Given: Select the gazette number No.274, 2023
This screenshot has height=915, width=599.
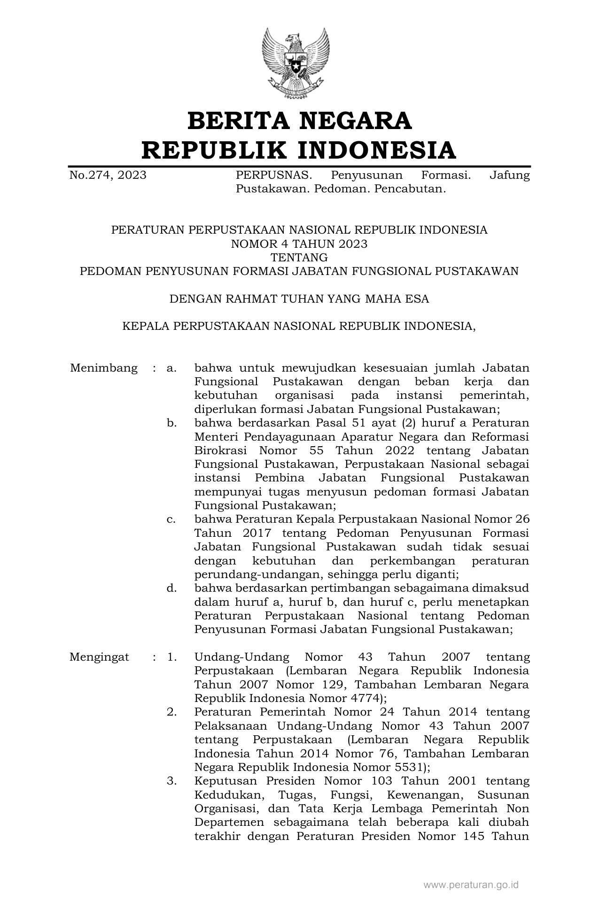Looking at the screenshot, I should click(x=108, y=175).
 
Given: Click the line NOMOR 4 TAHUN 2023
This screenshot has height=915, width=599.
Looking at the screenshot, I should click(x=299, y=244).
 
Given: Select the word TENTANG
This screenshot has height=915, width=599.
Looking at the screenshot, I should click(x=299, y=258).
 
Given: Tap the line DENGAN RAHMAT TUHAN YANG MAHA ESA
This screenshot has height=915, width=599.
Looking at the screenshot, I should click(x=299, y=299).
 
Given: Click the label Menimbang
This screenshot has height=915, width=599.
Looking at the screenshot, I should click(x=104, y=368).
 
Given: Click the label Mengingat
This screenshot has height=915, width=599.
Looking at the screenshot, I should click(x=99, y=657).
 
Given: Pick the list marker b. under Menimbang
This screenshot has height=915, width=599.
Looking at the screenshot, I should click(x=171, y=423).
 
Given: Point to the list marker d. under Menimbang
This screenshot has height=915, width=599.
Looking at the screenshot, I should click(x=171, y=588).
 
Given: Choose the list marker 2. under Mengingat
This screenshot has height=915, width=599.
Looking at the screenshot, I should click(x=171, y=712).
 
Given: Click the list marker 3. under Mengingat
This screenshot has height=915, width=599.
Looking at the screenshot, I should click(x=171, y=781).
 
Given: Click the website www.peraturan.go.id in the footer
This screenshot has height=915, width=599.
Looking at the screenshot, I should click(x=471, y=885).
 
